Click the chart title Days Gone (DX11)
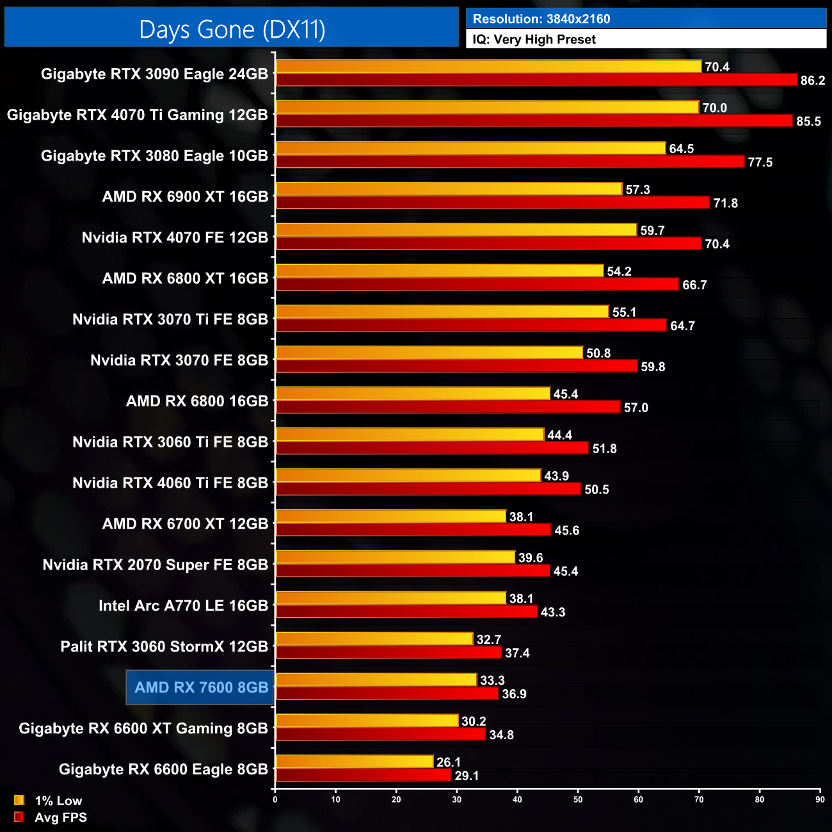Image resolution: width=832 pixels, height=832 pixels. point(232,29)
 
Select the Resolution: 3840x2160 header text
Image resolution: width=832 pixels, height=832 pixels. point(541,19)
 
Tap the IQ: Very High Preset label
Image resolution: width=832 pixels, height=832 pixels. point(534,40)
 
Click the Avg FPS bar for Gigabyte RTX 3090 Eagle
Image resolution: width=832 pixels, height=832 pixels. point(536,80)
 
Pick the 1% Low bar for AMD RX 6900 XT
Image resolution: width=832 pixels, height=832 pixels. point(449,189)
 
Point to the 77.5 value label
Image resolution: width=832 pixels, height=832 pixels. point(760,163)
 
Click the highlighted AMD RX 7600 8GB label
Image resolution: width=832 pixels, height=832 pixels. point(201,687)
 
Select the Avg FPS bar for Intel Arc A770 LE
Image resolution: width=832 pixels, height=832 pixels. point(406,612)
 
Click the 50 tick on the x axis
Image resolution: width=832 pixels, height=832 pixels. point(578,799)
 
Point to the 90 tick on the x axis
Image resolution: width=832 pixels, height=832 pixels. point(820,799)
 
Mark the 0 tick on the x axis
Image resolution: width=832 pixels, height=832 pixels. point(275,799)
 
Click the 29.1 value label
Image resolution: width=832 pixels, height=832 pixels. point(467,776)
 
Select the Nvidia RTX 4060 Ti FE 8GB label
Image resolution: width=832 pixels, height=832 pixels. point(170,483)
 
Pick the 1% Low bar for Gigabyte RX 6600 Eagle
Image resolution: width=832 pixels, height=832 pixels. point(355,762)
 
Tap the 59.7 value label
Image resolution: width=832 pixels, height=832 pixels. point(652,230)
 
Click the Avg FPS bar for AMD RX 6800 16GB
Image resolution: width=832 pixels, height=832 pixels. point(448,407)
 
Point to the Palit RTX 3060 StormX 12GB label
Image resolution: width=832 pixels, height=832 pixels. point(164,646)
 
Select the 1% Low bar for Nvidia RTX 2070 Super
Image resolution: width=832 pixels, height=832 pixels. point(395,557)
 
